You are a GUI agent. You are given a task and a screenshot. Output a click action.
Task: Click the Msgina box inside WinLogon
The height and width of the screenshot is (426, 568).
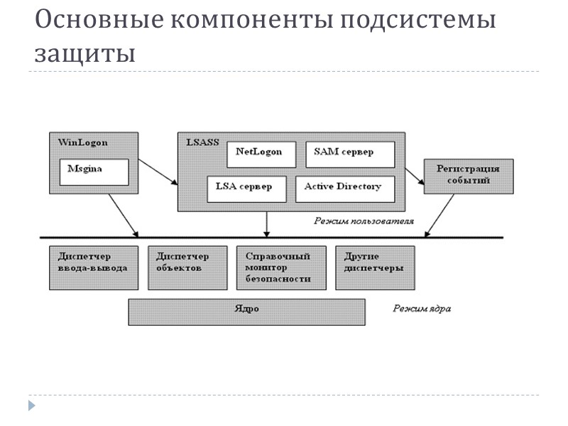click(94, 172)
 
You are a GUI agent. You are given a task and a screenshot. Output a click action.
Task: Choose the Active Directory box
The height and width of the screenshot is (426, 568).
click(344, 188)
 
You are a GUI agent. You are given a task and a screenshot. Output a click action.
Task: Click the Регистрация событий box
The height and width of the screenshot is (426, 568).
click(467, 175)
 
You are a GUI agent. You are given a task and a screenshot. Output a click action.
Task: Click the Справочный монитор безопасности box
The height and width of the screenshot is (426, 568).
click(281, 268)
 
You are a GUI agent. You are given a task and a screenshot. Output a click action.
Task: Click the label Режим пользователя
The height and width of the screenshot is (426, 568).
click(364, 222)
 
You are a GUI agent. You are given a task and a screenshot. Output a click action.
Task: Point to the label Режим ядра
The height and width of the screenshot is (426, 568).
click(422, 310)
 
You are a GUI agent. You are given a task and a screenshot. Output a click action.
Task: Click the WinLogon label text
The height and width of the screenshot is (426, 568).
click(82, 143)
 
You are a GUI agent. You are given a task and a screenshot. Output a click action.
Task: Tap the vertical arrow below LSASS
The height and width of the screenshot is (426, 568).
click(267, 224)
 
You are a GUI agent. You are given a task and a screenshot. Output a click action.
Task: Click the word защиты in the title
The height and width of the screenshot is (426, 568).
click(84, 53)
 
